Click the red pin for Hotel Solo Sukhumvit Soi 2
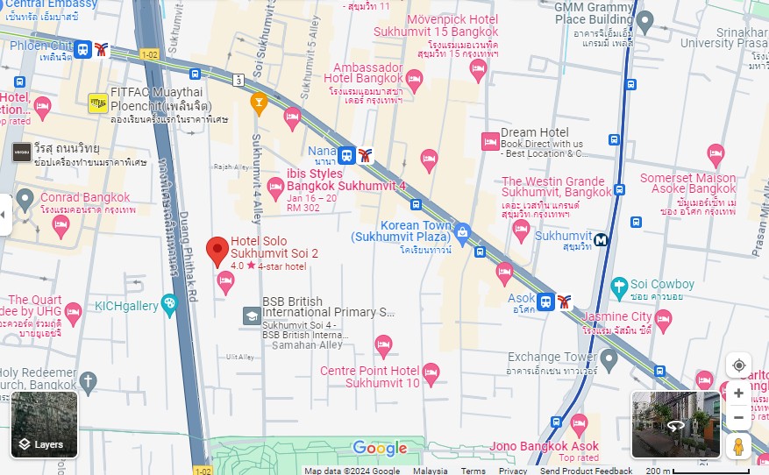217,251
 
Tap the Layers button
45,425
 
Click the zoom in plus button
738,393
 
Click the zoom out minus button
738,417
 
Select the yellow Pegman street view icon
738,446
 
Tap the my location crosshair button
738,365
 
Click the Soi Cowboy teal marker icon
620,286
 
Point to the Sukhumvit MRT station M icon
602,238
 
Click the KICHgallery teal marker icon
168,304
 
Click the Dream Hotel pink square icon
489,140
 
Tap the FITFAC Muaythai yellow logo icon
97,103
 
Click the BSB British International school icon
251,315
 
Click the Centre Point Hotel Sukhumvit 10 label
369,377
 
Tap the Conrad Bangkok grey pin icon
25,200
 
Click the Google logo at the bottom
380,449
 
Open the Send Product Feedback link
586,471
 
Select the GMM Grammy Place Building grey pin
645,20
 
